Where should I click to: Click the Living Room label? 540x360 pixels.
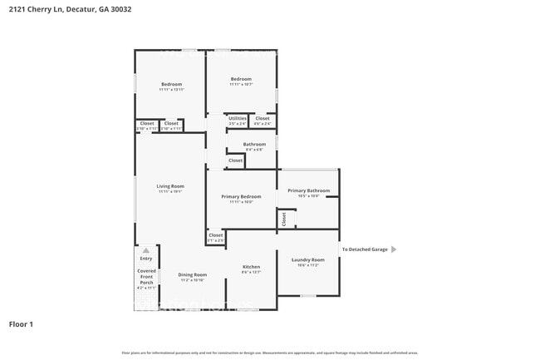point(171,186)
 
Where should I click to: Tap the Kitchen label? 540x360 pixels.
point(251,267)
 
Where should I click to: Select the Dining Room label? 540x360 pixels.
point(193,274)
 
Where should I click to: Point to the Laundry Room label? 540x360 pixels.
point(307,259)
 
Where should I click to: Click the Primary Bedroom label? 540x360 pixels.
point(241,197)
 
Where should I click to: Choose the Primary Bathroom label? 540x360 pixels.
point(308,190)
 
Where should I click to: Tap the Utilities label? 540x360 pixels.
point(238,118)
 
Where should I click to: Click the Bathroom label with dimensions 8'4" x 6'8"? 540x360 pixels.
point(254,144)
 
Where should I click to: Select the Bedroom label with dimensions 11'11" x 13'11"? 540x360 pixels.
point(171,84)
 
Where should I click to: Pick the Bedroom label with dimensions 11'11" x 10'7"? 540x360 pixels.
point(241,79)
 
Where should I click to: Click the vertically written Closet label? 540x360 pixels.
point(284,219)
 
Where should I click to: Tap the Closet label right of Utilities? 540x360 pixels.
point(263,118)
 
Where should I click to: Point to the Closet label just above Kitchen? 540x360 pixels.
point(216,235)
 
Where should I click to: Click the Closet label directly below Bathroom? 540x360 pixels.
point(236,160)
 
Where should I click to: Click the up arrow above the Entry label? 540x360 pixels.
point(146,249)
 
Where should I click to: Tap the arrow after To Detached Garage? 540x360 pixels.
point(394,249)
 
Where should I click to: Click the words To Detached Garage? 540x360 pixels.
point(365,249)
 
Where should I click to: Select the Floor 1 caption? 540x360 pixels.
point(21,324)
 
